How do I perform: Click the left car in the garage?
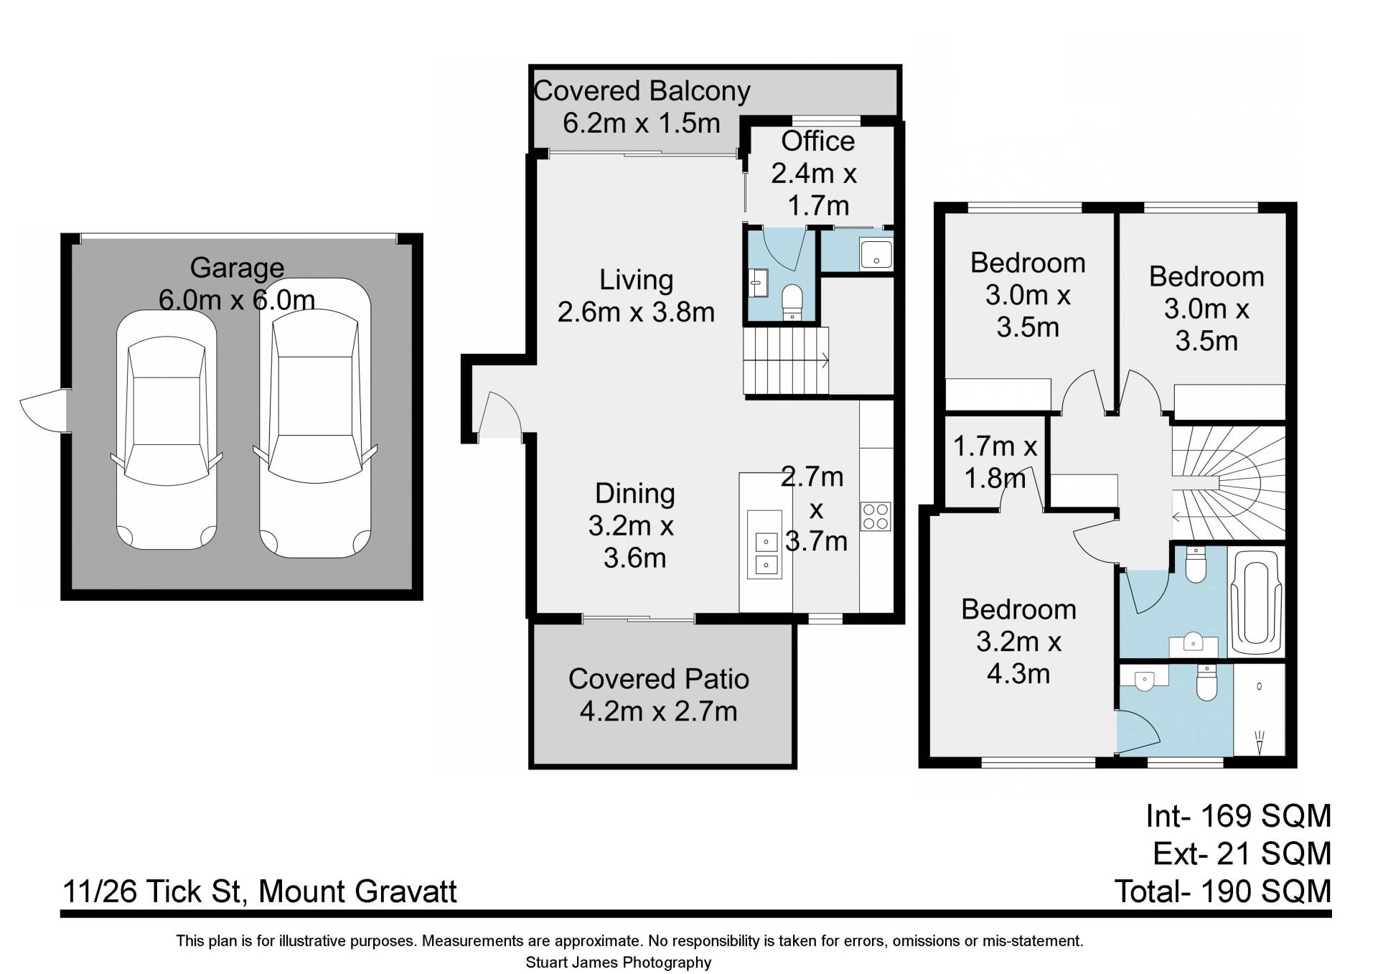(167, 429)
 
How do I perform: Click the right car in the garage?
(315, 418)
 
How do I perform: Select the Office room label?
(817, 141)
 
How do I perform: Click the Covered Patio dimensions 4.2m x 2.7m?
(658, 711)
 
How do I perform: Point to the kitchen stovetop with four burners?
(876, 516)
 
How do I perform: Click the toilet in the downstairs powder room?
(792, 302)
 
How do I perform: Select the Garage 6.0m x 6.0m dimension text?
(237, 299)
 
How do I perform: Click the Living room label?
(636, 280)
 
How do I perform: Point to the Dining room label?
(635, 494)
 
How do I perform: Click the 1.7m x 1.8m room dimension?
(995, 462)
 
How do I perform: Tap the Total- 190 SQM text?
(1222, 891)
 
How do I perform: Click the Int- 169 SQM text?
(1238, 816)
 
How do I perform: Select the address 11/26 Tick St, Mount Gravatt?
(260, 891)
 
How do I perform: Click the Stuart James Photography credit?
(618, 963)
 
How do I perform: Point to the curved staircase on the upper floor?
(1228, 483)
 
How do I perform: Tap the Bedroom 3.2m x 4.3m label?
(1018, 642)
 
